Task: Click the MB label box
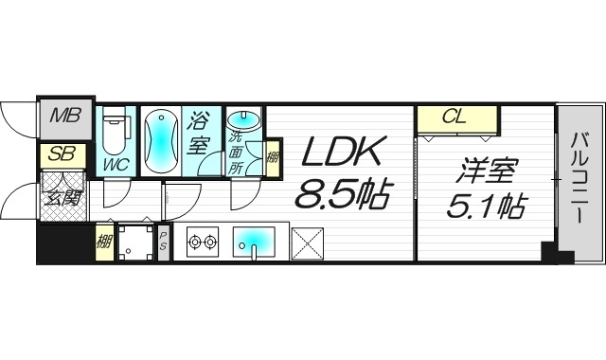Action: pos(66,118)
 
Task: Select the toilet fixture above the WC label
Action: pos(116,133)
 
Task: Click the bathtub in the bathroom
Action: pos(160,140)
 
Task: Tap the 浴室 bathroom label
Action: pos(200,135)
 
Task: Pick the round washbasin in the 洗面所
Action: pos(245,120)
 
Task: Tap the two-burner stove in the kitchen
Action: pos(201,243)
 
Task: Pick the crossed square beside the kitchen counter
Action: pos(309,243)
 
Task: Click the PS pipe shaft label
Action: pos(164,243)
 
